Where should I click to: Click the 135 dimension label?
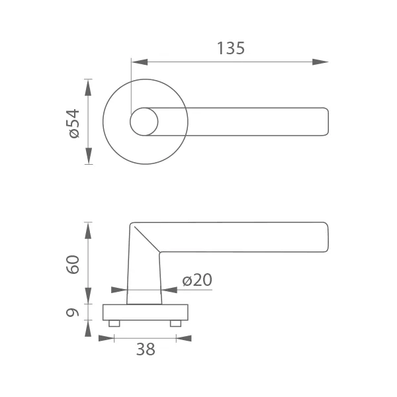tap(231, 48)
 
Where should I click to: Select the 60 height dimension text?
tap(73, 265)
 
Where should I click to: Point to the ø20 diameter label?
tap(197, 280)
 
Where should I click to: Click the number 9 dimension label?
tap(72, 312)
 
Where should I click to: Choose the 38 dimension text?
tap(146, 349)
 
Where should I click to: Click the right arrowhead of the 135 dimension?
tap(320, 62)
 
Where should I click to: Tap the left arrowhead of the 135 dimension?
tap(140, 62)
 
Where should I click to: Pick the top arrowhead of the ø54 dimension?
tap(88, 87)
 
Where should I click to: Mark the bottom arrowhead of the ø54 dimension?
tap(89, 155)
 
